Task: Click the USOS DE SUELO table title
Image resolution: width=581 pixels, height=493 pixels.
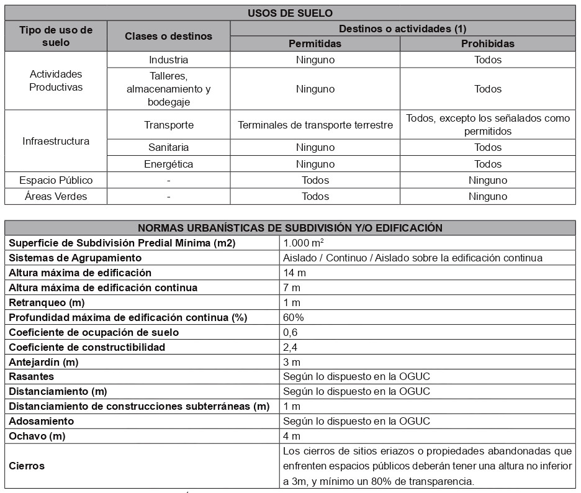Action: click(290, 13)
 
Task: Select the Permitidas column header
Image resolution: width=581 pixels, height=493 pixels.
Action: click(315, 43)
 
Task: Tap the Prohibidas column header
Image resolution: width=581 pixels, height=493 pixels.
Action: click(487, 43)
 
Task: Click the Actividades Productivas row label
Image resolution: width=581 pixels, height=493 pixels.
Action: click(56, 81)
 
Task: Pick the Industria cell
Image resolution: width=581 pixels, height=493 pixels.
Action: click(168, 60)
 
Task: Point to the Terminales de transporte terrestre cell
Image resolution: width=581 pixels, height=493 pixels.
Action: click(315, 125)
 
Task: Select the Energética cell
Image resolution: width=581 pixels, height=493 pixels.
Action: click(168, 164)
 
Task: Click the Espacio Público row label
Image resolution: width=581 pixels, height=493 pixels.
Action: click(56, 180)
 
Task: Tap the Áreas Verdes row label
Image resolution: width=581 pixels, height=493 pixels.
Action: click(56, 196)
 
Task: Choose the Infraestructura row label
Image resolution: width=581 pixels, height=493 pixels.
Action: click(56, 141)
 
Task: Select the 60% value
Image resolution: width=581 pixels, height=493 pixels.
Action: click(293, 317)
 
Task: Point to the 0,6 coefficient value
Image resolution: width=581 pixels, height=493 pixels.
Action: click(290, 332)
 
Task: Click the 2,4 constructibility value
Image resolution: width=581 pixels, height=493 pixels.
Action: click(290, 347)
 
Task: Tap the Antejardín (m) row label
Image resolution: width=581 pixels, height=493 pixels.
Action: click(43, 362)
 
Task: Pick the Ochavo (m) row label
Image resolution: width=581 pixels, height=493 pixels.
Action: click(37, 436)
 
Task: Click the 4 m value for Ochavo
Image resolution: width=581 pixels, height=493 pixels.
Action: click(291, 436)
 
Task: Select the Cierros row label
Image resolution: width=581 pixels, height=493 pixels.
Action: click(27, 466)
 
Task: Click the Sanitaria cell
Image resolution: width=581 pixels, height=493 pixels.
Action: click(168, 147)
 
